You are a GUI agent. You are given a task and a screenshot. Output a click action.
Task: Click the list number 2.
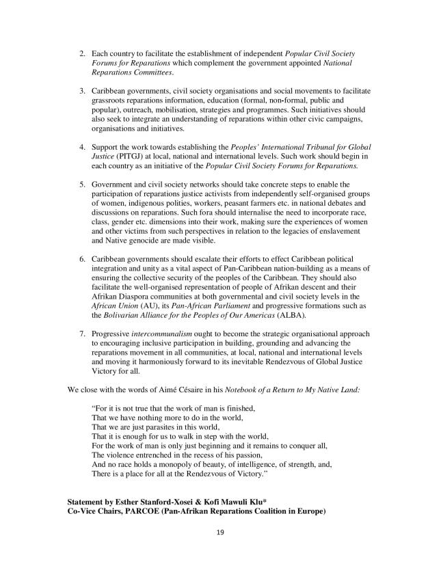coord(82,53)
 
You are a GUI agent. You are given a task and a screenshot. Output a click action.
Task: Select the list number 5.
coord(82,184)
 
